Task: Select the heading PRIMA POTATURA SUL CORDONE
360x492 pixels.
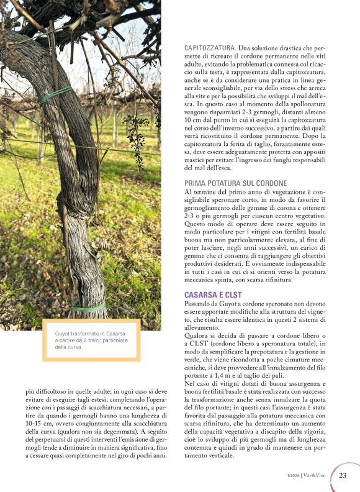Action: pyautogui.click(x=236, y=183)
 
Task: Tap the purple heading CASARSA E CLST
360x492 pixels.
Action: pyautogui.click(x=213, y=294)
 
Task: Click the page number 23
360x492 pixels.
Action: pyautogui.click(x=343, y=475)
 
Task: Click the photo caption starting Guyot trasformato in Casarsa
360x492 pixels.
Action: pyautogui.click(x=91, y=340)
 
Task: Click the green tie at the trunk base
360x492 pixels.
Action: pyautogui.click(x=87, y=307)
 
